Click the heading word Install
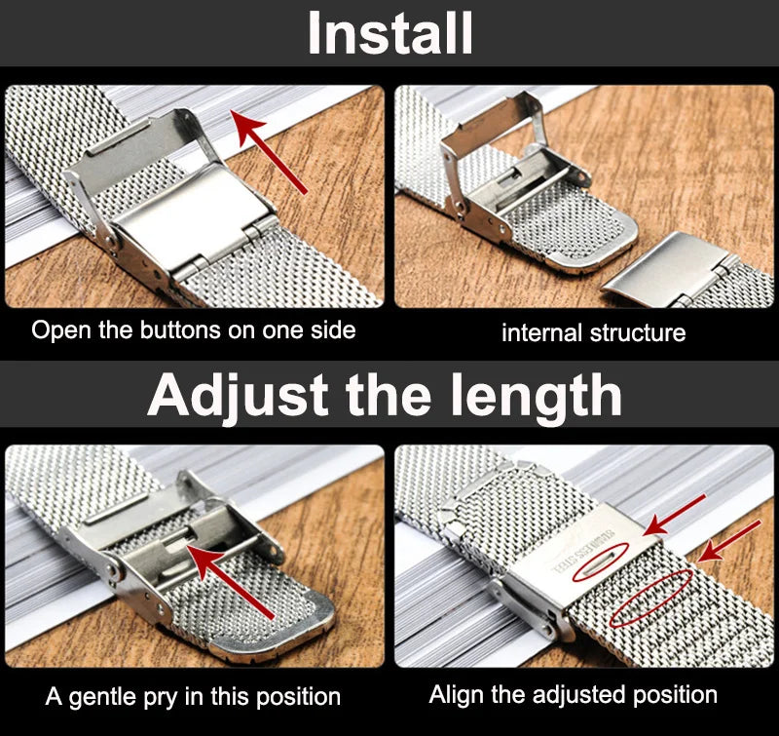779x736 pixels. pos(389,34)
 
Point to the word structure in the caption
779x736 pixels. pos(637,332)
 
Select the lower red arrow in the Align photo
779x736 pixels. pos(730,540)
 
